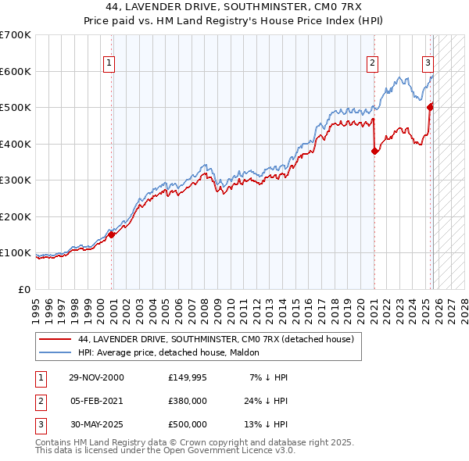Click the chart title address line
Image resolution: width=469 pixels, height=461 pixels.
click(x=234, y=7)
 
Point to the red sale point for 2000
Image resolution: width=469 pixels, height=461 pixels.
click(x=112, y=234)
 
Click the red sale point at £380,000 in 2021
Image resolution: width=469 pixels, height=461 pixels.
click(x=374, y=152)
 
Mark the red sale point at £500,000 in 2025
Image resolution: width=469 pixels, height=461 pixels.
click(x=430, y=108)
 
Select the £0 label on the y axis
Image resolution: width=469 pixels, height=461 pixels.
click(x=23, y=289)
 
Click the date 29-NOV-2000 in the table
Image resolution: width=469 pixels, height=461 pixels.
click(x=96, y=377)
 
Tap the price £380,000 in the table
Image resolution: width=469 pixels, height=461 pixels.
click(x=187, y=401)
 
